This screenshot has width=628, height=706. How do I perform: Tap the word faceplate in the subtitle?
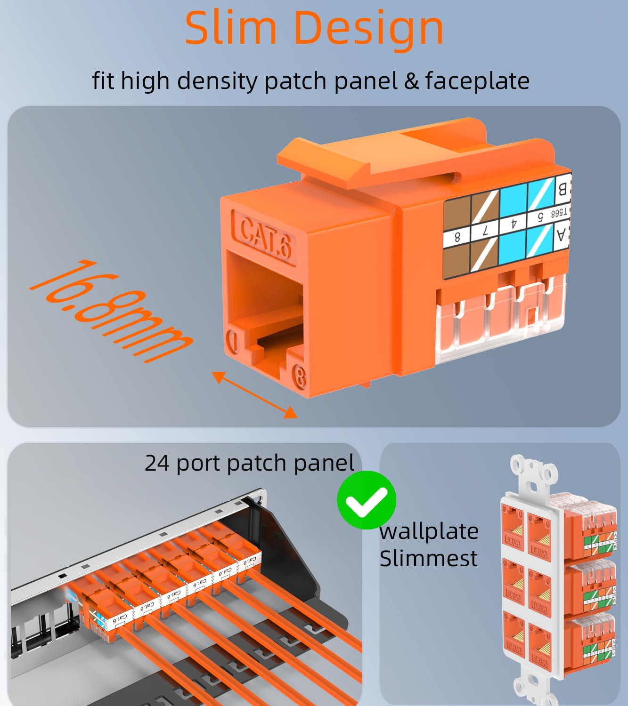pos(477,80)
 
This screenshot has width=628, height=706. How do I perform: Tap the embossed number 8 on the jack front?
pos(299,377)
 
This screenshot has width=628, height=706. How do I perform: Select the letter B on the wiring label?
pos(562,189)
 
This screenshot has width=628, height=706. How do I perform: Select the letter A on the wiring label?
pos(561,234)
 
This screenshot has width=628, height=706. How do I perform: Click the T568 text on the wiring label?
pos(559,213)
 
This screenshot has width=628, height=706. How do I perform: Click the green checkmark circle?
pos(366,500)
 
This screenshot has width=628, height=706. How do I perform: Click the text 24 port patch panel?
pos(249,463)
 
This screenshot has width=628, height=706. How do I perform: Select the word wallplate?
pos(429,531)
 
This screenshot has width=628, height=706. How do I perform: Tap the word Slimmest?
pos(428,559)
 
